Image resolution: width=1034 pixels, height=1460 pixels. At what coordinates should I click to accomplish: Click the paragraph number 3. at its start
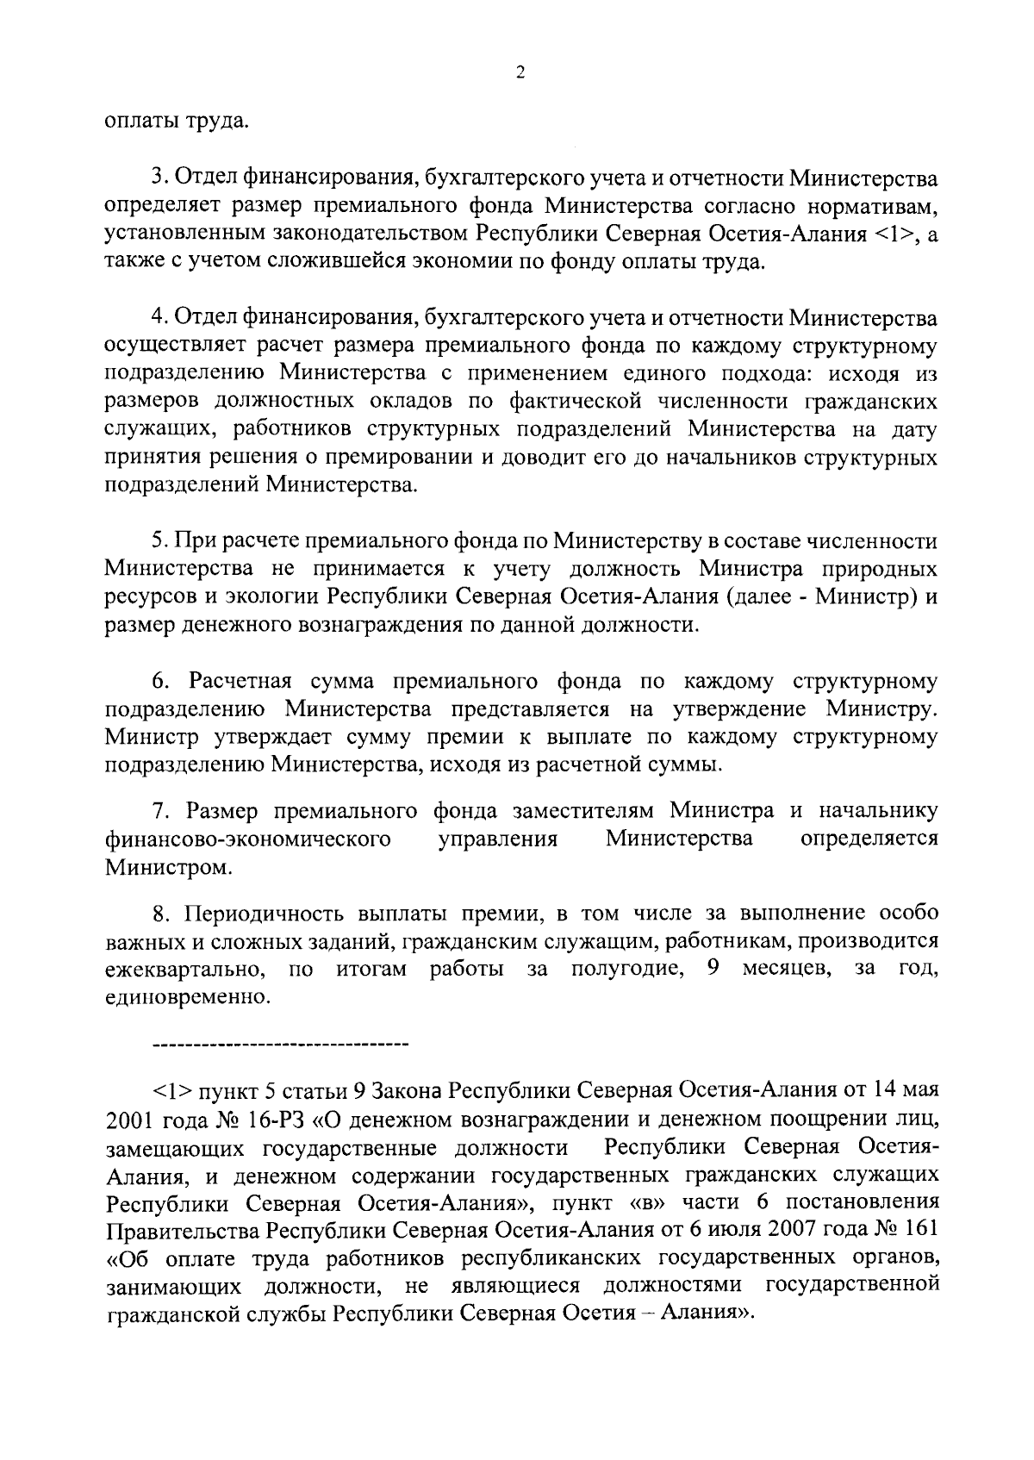point(159,178)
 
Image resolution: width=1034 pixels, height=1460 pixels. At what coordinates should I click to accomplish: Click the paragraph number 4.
point(159,318)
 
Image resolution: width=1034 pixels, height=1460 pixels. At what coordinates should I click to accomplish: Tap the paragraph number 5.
point(159,541)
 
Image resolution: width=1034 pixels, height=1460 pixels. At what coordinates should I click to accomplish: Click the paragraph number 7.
point(159,811)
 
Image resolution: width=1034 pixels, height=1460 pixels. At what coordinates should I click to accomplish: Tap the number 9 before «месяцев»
point(713,969)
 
